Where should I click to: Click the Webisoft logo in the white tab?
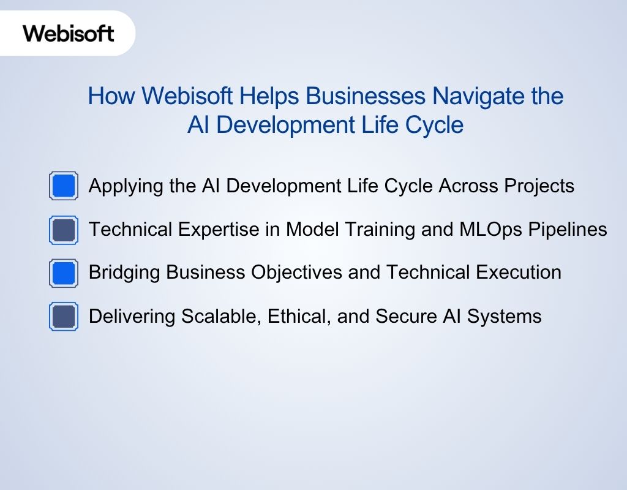click(69, 32)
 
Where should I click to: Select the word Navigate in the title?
click(476, 96)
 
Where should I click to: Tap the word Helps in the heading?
click(269, 96)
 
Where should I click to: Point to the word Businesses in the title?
click(366, 96)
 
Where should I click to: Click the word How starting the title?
click(111, 96)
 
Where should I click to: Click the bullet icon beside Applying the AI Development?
click(63, 186)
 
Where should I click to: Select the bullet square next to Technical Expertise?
click(63, 230)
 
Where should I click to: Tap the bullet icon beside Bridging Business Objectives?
click(63, 273)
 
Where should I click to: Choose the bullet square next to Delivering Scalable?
click(63, 316)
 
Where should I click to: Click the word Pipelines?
click(573, 230)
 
